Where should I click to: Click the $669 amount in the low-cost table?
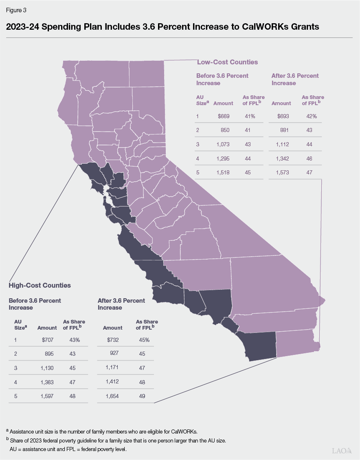coord(224,116)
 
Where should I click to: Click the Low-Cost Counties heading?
coord(227,62)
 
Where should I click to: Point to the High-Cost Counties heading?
coord(40,285)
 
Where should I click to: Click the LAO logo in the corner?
coord(341,451)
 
